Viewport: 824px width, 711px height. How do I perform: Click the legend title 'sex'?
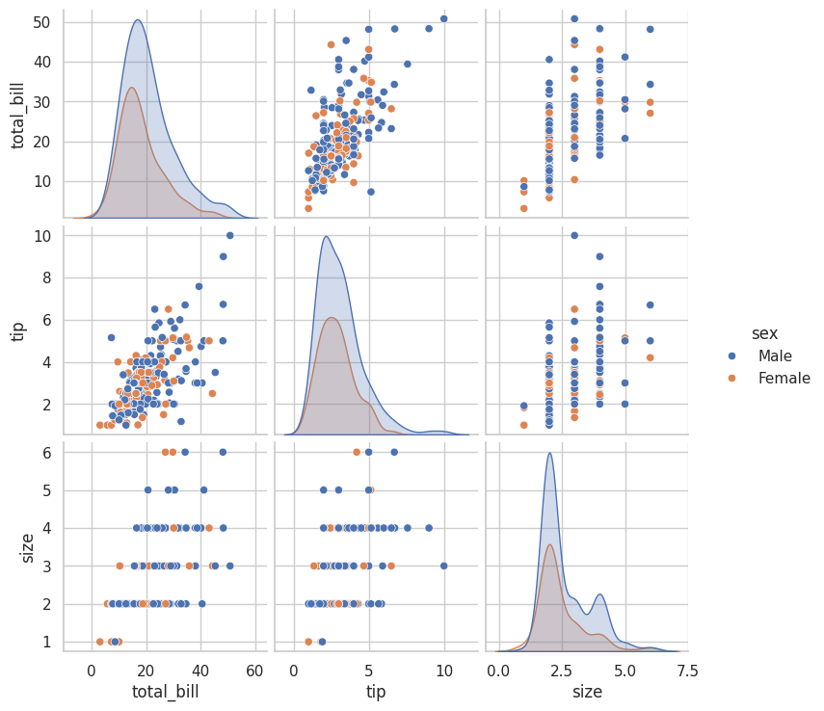(764, 333)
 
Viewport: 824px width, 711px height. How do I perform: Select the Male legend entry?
(782, 356)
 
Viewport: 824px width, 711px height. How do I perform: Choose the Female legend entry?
(784, 379)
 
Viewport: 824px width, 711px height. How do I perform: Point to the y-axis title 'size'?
(27, 546)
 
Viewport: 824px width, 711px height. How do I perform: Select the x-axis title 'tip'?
(376, 691)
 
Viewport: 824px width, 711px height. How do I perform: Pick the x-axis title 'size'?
(587, 691)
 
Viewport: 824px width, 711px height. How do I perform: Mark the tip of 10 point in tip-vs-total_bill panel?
(229, 235)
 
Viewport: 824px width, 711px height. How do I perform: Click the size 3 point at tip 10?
(443, 566)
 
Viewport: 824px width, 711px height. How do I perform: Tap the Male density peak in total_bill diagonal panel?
(138, 20)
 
